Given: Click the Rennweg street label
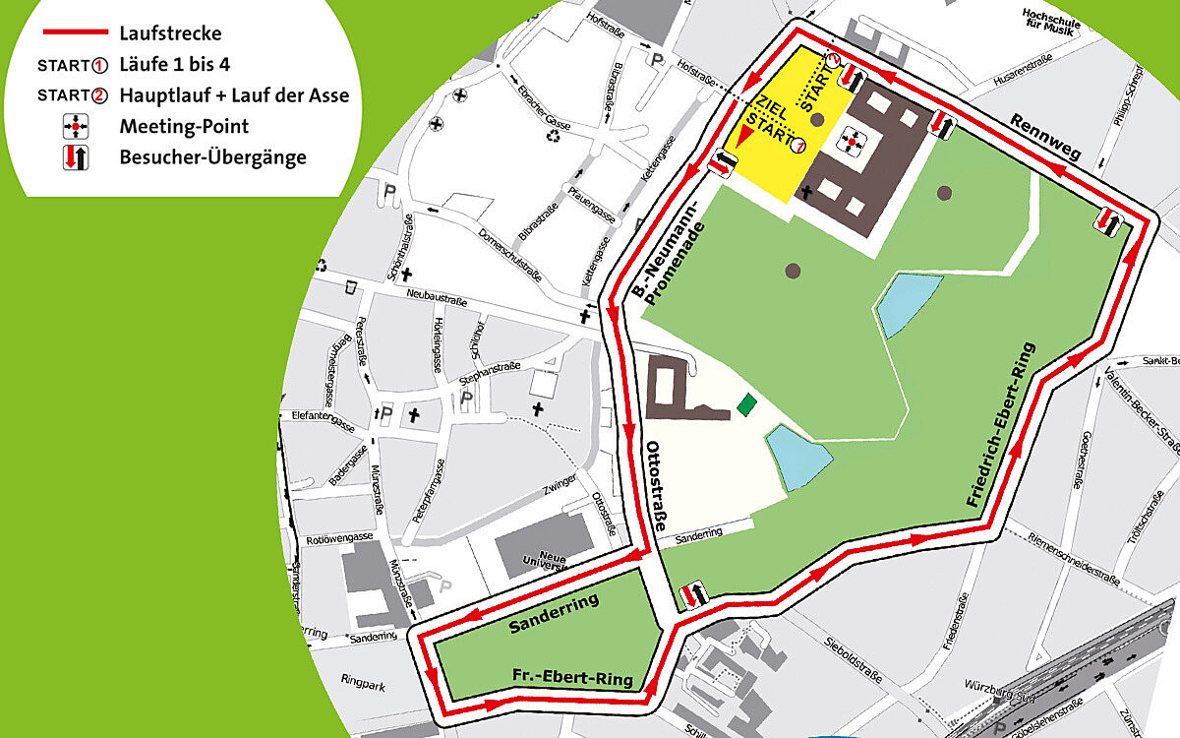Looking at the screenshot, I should [1043, 138].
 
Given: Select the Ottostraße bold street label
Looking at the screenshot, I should [656, 489].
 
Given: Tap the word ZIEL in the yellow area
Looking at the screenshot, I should [768, 104].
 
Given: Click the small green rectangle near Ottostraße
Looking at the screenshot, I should [749, 401].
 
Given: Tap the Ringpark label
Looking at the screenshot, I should [360, 679].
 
